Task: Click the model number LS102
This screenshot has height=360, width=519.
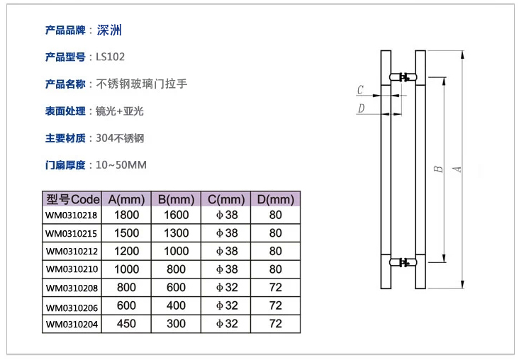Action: pyautogui.click(x=110, y=57)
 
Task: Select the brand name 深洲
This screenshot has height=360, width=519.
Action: pyautogui.click(x=109, y=30)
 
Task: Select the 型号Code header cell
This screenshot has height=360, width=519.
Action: pyautogui.click(x=72, y=198)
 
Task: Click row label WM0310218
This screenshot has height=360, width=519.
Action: pyautogui.click(x=72, y=215)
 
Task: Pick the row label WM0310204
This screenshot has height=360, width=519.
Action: pyautogui.click(x=72, y=324)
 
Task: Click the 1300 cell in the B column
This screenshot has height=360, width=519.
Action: pyautogui.click(x=176, y=233)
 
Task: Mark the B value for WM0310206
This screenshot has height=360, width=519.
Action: pyautogui.click(x=176, y=305)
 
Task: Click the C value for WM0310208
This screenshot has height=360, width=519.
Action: pyautogui.click(x=226, y=288)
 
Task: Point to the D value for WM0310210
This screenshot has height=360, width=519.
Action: pyautogui.click(x=275, y=269)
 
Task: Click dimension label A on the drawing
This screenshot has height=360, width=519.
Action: pyautogui.click(x=457, y=169)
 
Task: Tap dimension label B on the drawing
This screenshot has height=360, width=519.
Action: pyautogui.click(x=438, y=169)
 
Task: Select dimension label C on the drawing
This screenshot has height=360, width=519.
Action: pyautogui.click(x=360, y=90)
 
